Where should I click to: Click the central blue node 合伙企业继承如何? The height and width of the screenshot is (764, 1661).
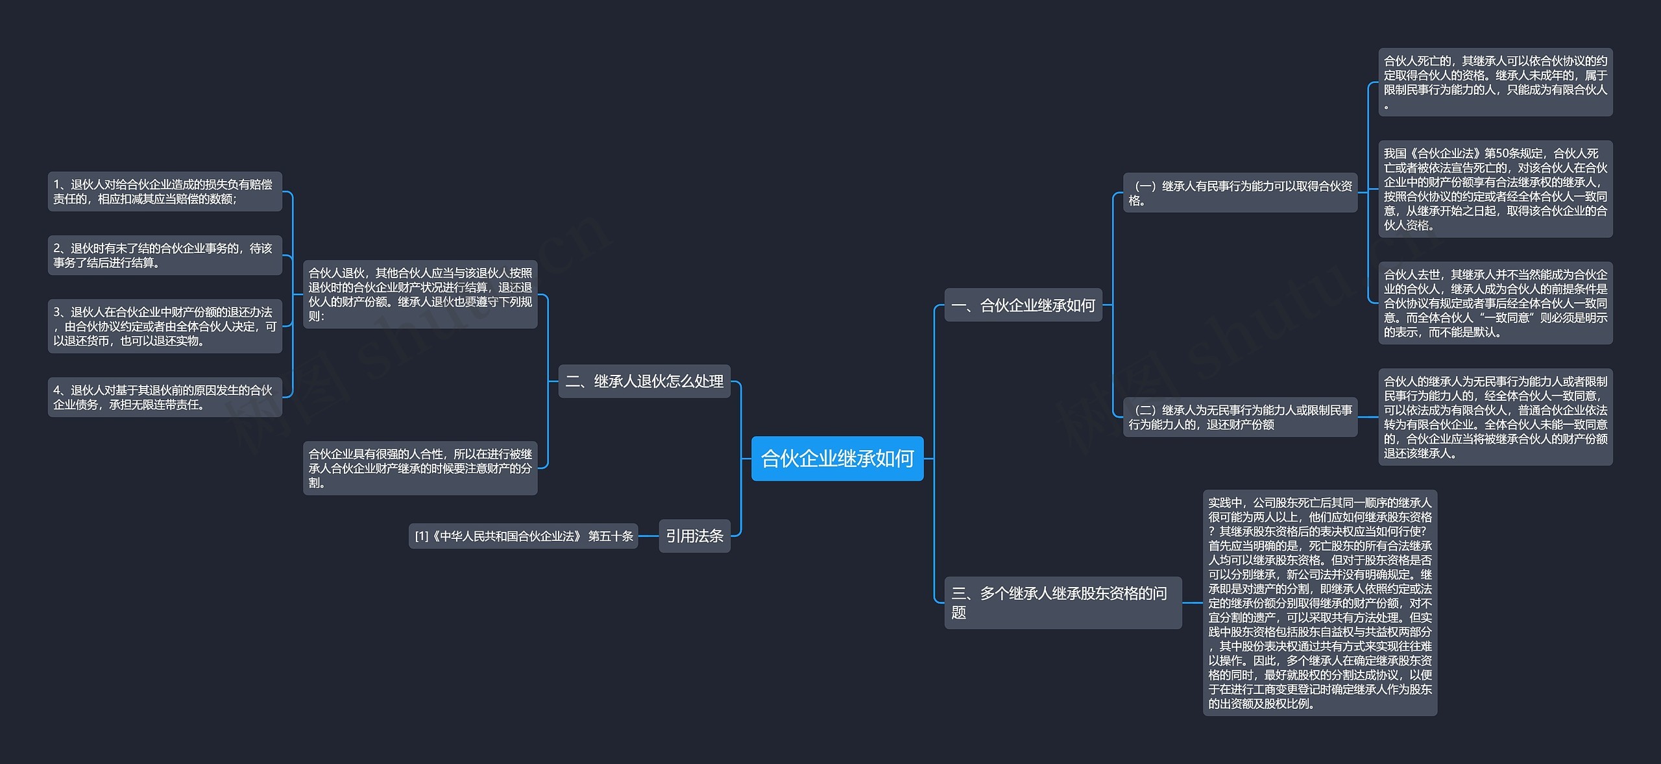point(837,459)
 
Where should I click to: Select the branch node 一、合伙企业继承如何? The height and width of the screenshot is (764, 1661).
point(1023,305)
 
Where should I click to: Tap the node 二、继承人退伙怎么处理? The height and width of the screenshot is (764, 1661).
point(644,381)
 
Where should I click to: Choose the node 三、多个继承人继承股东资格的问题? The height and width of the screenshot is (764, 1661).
point(1062,603)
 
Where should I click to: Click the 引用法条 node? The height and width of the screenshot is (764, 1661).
point(694,536)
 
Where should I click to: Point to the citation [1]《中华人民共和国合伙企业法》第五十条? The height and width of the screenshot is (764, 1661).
point(523,536)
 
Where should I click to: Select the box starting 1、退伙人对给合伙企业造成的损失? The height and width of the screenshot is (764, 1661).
point(165,191)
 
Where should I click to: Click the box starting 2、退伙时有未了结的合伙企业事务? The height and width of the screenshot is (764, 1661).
point(165,255)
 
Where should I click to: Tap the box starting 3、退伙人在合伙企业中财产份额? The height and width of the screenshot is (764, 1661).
point(165,326)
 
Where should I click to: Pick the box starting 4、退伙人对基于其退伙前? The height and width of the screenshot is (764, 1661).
point(165,397)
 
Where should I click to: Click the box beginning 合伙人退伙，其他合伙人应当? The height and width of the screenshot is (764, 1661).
point(420,294)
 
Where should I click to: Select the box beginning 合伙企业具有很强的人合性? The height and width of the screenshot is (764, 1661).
point(420,468)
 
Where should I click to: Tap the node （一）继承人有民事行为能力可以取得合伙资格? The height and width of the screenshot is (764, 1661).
point(1240,193)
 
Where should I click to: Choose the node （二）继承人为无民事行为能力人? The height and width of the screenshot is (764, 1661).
point(1240,417)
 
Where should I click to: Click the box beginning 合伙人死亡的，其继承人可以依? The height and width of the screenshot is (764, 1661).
point(1495,82)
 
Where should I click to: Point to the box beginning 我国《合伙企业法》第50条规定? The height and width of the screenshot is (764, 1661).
point(1495,189)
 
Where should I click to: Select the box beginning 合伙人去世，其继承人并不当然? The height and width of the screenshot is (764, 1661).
point(1495,303)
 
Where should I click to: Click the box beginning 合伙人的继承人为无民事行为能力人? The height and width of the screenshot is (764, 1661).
point(1495,417)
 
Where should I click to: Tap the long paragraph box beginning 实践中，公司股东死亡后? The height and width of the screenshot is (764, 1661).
point(1320,603)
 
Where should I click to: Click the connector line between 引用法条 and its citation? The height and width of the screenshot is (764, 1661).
point(648,536)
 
